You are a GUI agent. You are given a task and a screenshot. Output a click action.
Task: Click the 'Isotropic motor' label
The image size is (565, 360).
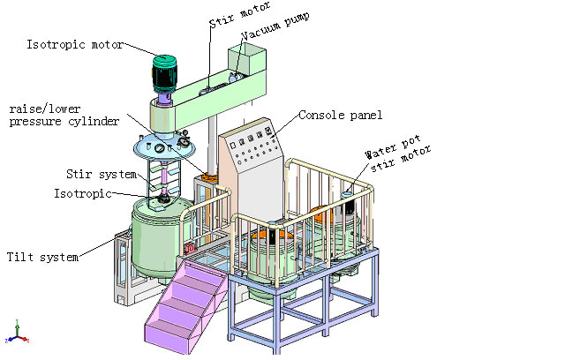pyautogui.click(x=74, y=44)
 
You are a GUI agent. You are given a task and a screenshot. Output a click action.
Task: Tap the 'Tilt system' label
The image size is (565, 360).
pyautogui.click(x=43, y=257)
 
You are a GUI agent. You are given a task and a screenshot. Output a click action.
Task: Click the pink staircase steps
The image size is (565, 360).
pyautogui.click(x=185, y=300)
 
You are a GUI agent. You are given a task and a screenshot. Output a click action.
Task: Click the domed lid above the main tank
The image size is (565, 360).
pyautogui.click(x=164, y=146)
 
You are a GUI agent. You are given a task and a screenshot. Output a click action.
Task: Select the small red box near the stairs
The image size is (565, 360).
pyautogui.click(x=188, y=249)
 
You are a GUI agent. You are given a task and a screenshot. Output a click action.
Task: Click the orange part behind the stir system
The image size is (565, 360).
pyautogui.click(x=208, y=177)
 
